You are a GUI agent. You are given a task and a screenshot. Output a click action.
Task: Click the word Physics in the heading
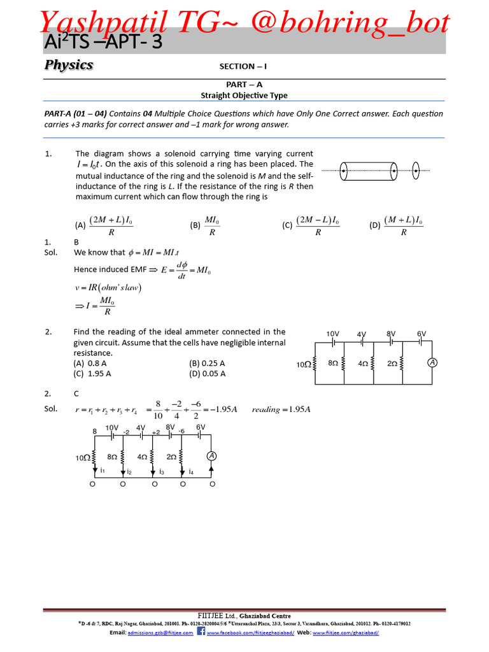click(x=69, y=65)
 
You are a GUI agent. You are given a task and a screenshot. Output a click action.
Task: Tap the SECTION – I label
click(x=243, y=66)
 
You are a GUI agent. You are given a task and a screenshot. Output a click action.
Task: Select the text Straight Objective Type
click(x=244, y=96)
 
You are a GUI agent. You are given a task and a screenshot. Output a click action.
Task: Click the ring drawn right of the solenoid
click(x=416, y=170)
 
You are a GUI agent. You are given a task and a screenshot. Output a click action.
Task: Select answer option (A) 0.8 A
click(x=90, y=363)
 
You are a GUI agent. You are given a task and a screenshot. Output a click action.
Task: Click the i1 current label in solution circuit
click(x=103, y=470)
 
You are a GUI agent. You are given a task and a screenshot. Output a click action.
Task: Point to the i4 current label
click(x=191, y=472)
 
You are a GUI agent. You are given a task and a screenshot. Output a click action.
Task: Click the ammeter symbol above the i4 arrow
click(x=211, y=456)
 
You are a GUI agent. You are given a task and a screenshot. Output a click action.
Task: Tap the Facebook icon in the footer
click(x=201, y=632)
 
